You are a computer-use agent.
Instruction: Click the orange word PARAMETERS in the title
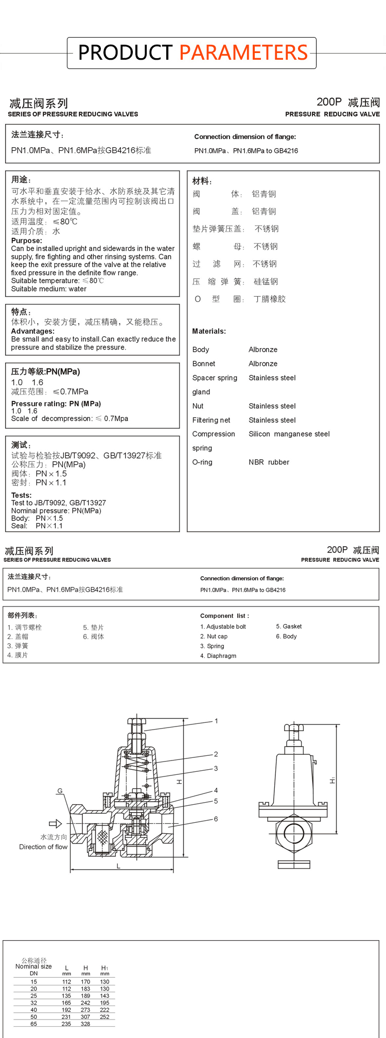[x=243, y=53]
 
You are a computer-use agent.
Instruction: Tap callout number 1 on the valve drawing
[x=216, y=721]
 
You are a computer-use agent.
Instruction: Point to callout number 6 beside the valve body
[x=216, y=819]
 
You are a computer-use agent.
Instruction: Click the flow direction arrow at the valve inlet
[x=55, y=824]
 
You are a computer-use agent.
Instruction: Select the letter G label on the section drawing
[x=60, y=791]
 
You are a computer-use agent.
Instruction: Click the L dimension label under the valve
[x=118, y=866]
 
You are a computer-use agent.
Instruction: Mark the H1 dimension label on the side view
[x=332, y=781]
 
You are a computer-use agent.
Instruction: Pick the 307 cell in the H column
[x=85, y=1017]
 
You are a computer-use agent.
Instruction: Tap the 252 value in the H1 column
[x=104, y=1017]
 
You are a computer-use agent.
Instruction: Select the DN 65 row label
[x=33, y=1024]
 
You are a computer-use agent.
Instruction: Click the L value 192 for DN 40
[x=66, y=1010]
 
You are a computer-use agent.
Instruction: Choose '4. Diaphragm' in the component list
[x=218, y=656]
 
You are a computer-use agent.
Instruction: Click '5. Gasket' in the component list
[x=289, y=627]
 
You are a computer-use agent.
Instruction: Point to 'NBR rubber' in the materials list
[x=269, y=462]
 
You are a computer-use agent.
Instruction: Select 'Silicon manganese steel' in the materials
[x=289, y=434]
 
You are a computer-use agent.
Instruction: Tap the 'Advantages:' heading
[x=32, y=331]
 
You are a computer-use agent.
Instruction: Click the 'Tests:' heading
[x=22, y=495]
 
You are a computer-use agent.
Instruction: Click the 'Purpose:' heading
[x=27, y=240]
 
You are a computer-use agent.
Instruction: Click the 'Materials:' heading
[x=209, y=331]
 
